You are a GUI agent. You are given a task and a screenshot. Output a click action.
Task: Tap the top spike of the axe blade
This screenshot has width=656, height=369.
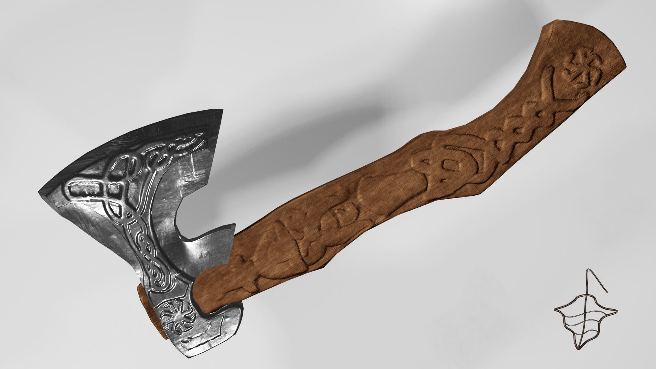(222, 111)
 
